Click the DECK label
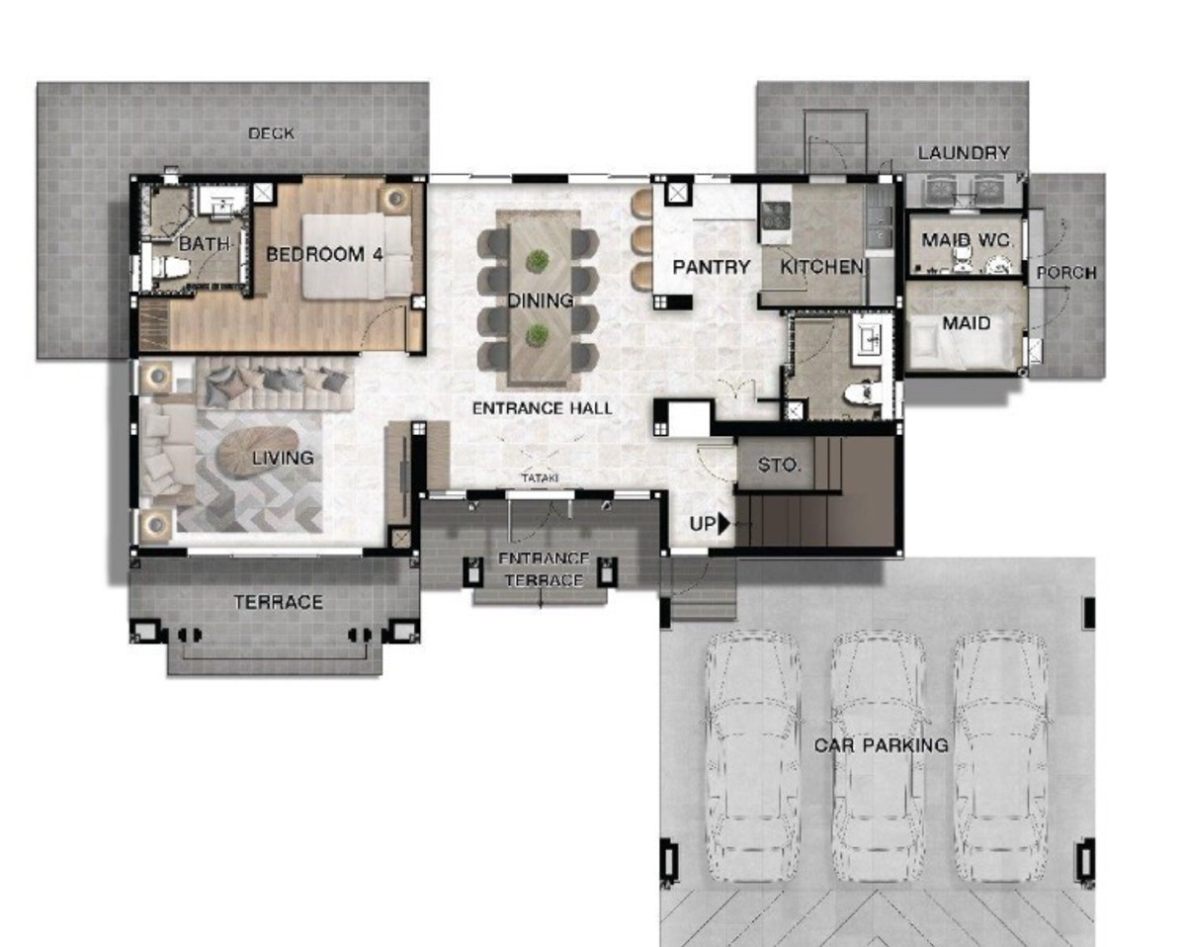[271, 133]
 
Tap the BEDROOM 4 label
[324, 254]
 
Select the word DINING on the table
[541, 301]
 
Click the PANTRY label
[711, 267]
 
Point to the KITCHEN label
[821, 267]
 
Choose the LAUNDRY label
[964, 152]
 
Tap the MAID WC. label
[968, 240]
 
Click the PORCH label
[1066, 273]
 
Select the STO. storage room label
[779, 466]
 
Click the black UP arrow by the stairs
[723, 524]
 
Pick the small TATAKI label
[540, 477]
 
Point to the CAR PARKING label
[882, 745]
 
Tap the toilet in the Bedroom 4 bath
[167, 267]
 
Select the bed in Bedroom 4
[357, 257]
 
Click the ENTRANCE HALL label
[543, 408]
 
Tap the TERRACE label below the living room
[279, 602]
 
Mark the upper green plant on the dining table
[537, 261]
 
